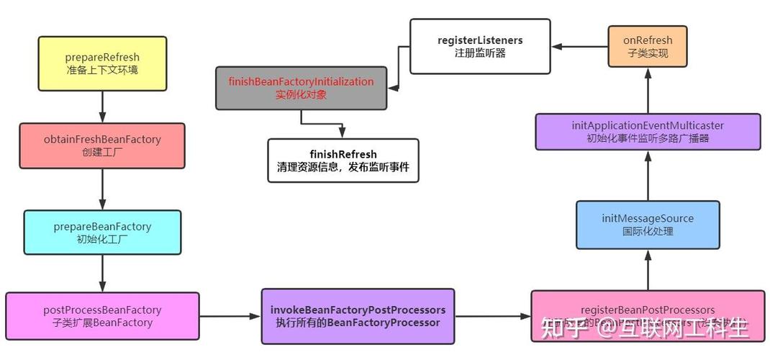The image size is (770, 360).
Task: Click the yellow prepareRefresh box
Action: click(x=102, y=63)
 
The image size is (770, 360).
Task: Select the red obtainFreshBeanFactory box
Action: click(x=101, y=145)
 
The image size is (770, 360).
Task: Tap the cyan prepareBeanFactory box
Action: click(x=102, y=232)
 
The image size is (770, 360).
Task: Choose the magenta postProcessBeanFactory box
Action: click(x=102, y=316)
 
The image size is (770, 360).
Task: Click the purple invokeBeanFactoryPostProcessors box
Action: click(x=358, y=316)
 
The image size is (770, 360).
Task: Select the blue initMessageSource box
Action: click(x=648, y=224)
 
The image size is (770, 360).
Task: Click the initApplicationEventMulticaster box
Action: click(x=648, y=131)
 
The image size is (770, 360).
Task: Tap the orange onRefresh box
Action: click(x=647, y=47)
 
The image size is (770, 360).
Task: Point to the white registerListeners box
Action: click(x=480, y=47)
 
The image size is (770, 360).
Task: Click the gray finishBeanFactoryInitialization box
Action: click(x=301, y=88)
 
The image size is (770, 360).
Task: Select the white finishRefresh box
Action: click(x=343, y=161)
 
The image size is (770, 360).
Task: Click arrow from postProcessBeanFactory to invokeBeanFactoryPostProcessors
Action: click(x=230, y=316)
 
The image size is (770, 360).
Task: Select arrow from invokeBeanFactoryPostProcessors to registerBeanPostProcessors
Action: click(x=493, y=316)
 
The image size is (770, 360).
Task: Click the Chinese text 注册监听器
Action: click(x=480, y=54)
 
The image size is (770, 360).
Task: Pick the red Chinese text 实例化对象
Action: click(x=301, y=95)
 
